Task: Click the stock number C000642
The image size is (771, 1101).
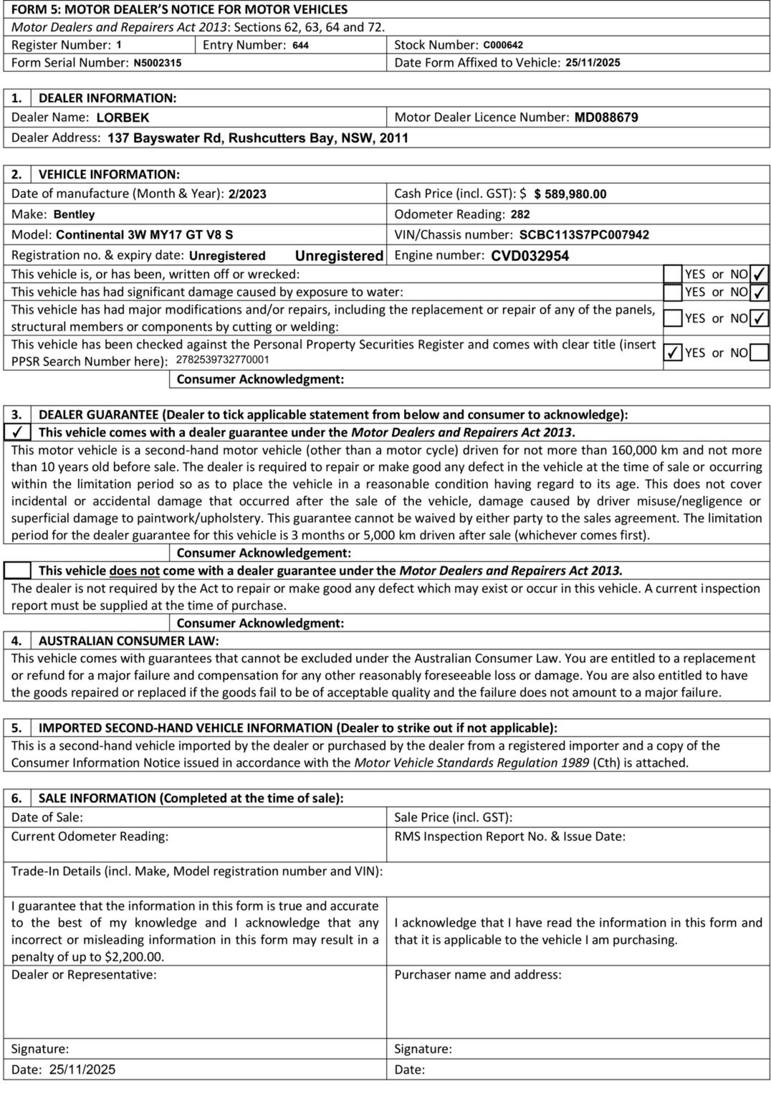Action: pos(503,45)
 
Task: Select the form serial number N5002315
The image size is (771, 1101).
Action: pos(158,63)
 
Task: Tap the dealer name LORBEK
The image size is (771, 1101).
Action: pos(123,118)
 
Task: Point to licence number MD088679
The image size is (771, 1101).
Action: pos(606,118)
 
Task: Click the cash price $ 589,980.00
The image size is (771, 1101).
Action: pos(570,194)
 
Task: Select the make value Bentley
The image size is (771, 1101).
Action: pos(74,214)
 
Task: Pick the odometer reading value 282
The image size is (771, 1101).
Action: pos(520,214)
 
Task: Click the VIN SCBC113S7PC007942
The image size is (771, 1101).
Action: pos(584,235)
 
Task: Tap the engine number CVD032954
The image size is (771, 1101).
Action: pos(530,256)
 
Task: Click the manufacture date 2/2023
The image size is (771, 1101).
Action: pos(247,194)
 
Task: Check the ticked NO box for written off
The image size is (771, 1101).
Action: pos(760,274)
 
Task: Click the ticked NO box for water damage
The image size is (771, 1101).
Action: pos(760,292)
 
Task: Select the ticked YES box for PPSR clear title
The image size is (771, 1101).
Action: pos(673,353)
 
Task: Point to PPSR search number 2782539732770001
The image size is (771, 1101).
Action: pos(222,361)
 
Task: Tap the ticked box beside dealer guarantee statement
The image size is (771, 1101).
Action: pos(17,432)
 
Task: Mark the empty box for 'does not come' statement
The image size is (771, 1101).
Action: pos(17,571)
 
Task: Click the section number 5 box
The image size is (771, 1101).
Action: pos(17,728)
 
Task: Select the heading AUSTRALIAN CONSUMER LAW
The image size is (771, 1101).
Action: pos(128,641)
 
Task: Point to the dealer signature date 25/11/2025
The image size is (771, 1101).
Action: pos(82,1069)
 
